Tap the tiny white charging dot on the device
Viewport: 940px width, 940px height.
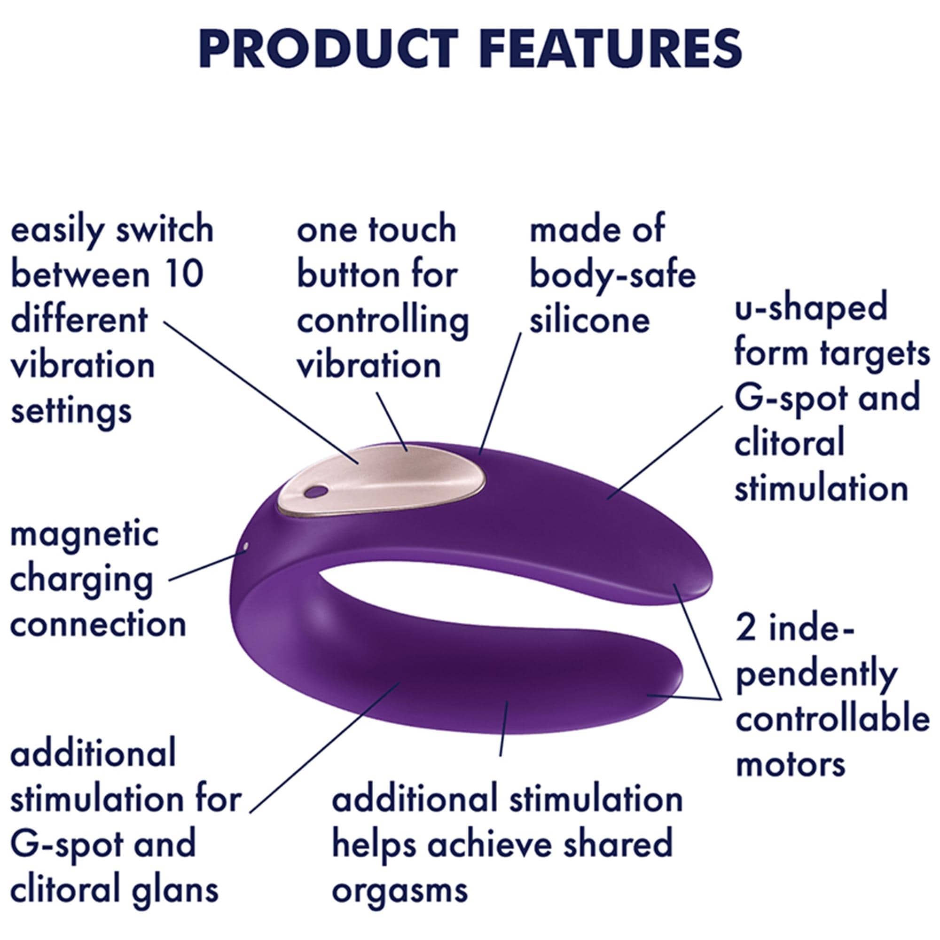pos(245,548)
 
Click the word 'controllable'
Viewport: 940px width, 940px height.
pos(832,719)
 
